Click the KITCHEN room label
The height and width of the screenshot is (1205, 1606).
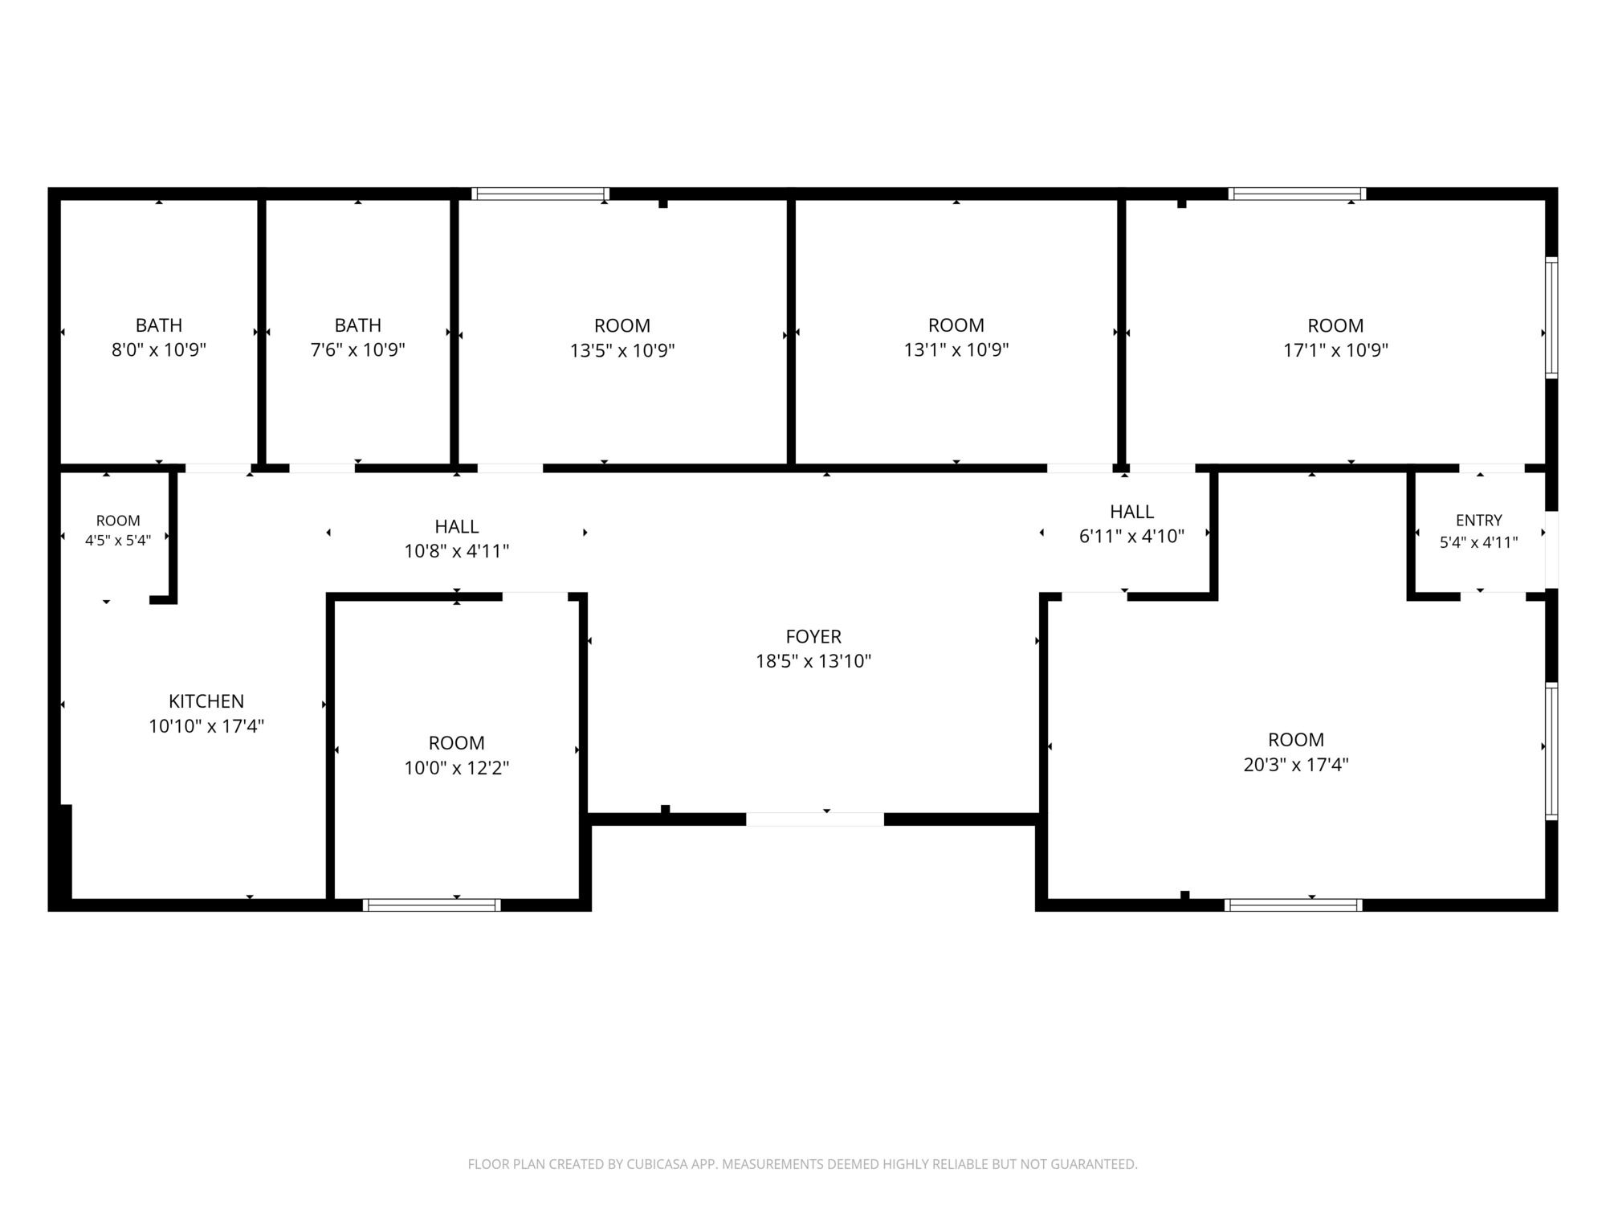[x=206, y=701]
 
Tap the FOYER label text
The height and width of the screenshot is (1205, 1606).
[x=813, y=637]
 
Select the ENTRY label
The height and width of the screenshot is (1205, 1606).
[x=1478, y=521]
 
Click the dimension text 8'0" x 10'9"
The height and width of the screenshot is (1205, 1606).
[x=159, y=350]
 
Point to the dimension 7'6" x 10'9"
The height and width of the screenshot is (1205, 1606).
[x=358, y=350]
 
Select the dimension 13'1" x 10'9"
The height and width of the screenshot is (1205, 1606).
[x=956, y=350]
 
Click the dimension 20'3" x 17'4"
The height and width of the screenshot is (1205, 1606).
[x=1296, y=765]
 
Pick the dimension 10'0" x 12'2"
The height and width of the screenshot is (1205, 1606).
[x=456, y=768]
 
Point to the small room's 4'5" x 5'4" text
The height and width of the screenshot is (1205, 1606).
[x=118, y=541]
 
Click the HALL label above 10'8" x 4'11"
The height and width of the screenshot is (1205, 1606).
[x=457, y=527]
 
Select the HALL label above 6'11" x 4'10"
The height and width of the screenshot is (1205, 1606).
[x=1132, y=512]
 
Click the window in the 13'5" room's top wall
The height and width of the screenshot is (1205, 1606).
[x=540, y=194]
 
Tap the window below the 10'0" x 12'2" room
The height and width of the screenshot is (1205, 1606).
[x=432, y=905]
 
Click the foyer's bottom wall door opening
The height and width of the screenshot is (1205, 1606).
[x=815, y=819]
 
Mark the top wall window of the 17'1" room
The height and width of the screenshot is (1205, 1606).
[x=1297, y=194]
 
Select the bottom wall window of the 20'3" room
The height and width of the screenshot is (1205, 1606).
[x=1294, y=905]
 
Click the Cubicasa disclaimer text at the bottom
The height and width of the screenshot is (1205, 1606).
[x=803, y=1164]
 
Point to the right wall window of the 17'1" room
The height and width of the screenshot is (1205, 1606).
[x=1552, y=317]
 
